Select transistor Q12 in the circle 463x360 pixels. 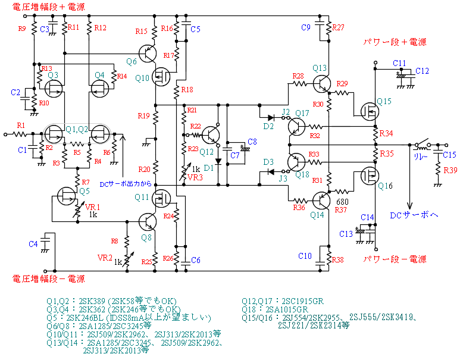[x=211, y=136]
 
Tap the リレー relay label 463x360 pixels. [x=421, y=158]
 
